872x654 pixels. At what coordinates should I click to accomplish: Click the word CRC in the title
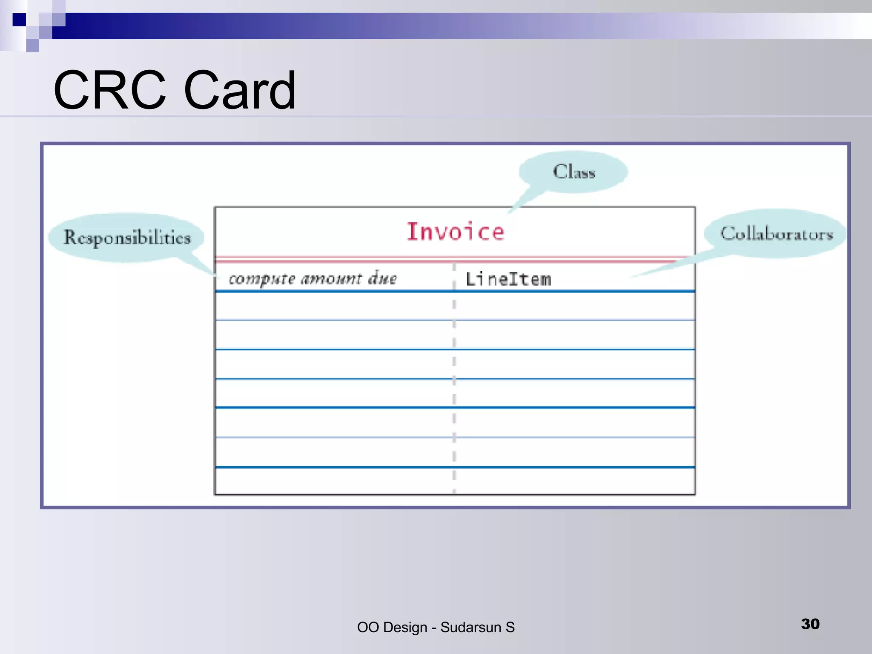point(109,90)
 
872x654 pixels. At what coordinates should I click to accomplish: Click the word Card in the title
point(240,90)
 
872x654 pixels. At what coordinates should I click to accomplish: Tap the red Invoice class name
point(455,232)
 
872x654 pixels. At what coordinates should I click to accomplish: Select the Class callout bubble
point(573,172)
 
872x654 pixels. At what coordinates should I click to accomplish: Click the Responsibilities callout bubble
point(126,237)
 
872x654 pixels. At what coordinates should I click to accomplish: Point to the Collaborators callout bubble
point(776,233)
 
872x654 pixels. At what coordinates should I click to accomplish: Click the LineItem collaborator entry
point(508,279)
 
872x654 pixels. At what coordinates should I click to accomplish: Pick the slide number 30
point(810,624)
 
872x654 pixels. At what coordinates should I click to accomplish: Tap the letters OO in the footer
point(367,627)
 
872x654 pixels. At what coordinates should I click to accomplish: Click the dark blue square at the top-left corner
point(19,20)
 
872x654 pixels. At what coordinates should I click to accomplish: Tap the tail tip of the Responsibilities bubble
point(216,275)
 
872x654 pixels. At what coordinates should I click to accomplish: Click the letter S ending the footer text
point(510,627)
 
